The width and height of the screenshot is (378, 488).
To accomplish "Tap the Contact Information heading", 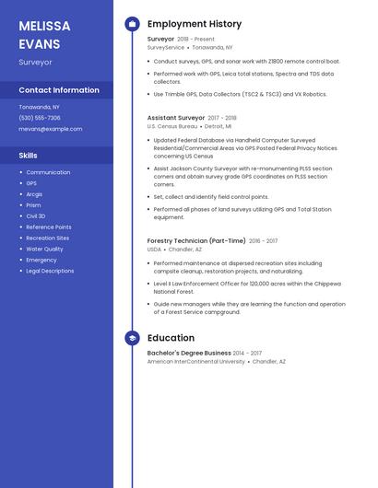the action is (x=59, y=90).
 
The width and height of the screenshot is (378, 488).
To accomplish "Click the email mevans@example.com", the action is (x=51, y=129).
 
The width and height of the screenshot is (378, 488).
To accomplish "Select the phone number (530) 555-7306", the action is (x=40, y=118).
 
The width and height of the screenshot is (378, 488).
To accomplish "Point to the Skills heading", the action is (x=29, y=156).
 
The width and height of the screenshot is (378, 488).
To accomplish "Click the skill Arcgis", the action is (x=34, y=194).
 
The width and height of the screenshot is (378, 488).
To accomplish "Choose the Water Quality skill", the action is (x=44, y=249).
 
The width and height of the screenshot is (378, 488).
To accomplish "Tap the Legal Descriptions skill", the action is (x=50, y=271).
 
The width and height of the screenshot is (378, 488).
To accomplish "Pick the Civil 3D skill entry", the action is (x=35, y=215).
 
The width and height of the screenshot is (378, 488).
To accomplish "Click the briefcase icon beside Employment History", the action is (x=131, y=24).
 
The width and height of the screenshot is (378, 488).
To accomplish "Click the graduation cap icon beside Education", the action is (x=131, y=338).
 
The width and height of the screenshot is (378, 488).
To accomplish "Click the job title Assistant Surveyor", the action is (x=176, y=118).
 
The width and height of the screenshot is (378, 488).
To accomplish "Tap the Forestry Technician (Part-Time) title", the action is (x=196, y=240).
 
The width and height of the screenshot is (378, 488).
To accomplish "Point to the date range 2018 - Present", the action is (x=195, y=40).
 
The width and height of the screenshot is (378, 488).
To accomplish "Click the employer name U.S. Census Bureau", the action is (x=171, y=126).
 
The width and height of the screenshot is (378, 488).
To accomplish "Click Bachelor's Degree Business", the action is (x=189, y=353).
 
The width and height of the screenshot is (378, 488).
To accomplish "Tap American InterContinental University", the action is (x=196, y=362).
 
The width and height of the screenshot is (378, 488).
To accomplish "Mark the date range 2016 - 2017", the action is (x=263, y=240).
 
